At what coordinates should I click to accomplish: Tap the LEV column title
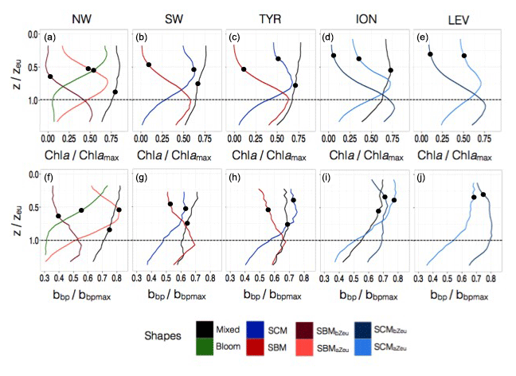pos(452,17)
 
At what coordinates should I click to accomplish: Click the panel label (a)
pos(50,37)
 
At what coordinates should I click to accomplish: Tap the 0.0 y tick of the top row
pos(33,36)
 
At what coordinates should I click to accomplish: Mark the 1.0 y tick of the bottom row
pos(33,240)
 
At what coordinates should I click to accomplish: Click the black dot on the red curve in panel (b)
pos(149,65)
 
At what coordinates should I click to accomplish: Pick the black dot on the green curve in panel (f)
pos(81,210)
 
